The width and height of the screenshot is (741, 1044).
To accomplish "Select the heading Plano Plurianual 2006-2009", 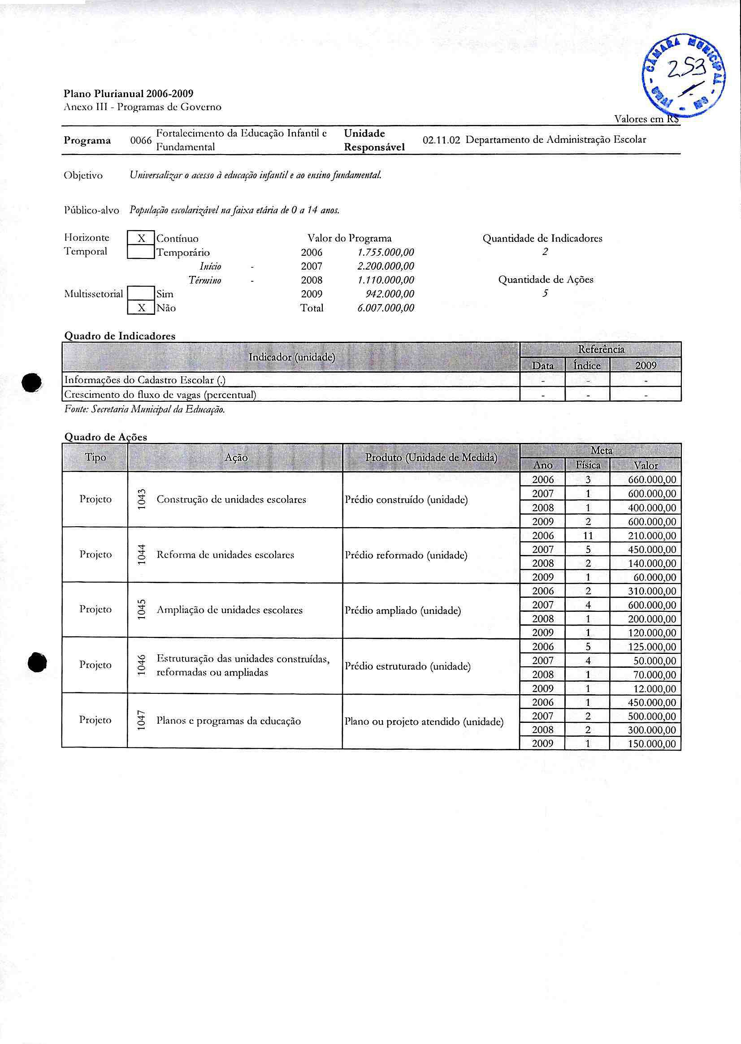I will (x=128, y=94).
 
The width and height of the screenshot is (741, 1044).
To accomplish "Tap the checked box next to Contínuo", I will (x=141, y=238).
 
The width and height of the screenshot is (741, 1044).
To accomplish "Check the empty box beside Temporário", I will (x=141, y=252).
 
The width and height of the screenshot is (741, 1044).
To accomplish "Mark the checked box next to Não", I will (x=141, y=308).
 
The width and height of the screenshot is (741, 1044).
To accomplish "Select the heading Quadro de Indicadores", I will (x=120, y=336).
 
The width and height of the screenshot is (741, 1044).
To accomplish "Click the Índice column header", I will (x=587, y=365).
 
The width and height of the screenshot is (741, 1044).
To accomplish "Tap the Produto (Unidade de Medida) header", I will (x=431, y=458).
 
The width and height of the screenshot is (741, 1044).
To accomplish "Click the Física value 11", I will (x=588, y=536).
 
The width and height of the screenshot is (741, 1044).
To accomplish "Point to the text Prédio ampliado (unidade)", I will (x=403, y=611).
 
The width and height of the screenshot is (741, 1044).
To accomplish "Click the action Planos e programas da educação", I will (x=229, y=721).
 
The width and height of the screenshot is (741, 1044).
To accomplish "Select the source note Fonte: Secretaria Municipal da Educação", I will (x=145, y=410).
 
